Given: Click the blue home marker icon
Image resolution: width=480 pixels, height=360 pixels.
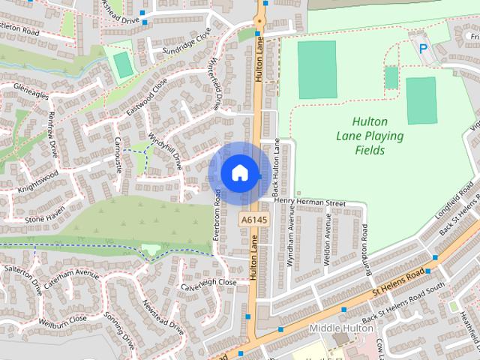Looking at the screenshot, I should point(239,173).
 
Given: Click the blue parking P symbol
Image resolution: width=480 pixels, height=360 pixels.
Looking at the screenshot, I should point(423,49).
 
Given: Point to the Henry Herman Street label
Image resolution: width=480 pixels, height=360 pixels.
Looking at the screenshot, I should point(310,202).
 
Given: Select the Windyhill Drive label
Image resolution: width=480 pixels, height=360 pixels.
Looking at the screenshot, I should point(166,150).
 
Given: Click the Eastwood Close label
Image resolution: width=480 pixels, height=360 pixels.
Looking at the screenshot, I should point(147,98).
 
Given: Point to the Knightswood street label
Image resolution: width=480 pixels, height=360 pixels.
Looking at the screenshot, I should point(38,180).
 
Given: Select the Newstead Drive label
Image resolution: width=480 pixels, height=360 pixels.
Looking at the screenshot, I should point(163,319).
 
